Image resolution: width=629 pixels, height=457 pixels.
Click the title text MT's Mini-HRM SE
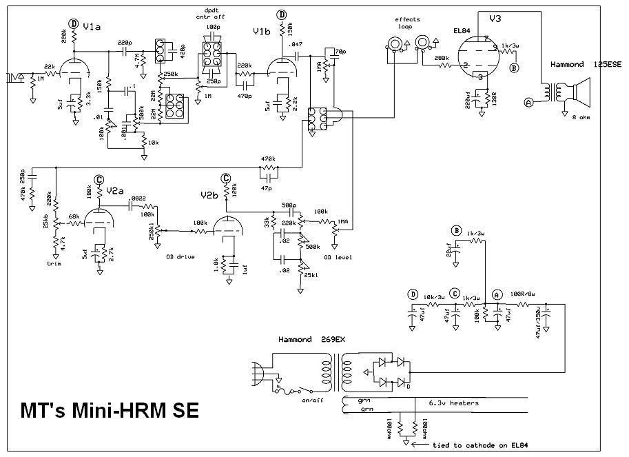point(108,411)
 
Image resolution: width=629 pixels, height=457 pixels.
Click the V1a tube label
point(91,26)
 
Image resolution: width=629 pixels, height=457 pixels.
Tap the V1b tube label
point(262,31)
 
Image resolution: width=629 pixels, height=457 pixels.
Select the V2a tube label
point(114,190)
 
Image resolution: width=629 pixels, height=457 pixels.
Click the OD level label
point(338,257)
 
